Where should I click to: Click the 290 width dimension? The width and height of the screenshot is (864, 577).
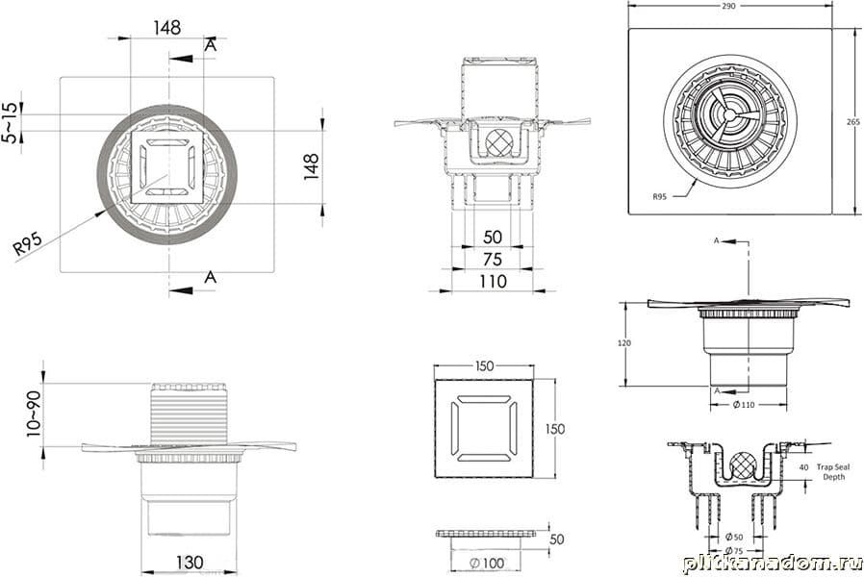(728, 6)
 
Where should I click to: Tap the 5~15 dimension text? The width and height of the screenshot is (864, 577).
(10, 123)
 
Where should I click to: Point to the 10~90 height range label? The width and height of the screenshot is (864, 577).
(34, 414)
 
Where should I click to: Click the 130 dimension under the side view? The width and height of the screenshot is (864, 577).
(189, 561)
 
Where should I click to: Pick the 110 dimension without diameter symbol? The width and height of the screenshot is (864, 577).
(493, 281)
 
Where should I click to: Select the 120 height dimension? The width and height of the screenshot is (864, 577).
(624, 343)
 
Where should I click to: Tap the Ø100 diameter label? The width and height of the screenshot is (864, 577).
(486, 562)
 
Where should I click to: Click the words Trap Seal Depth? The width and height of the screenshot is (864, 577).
(830, 471)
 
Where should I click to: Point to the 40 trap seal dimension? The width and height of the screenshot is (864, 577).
(803, 467)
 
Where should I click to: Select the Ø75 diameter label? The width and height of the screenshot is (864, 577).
(733, 550)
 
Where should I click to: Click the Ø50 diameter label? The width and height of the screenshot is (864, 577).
(733, 536)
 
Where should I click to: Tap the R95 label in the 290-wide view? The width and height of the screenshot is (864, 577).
(659, 196)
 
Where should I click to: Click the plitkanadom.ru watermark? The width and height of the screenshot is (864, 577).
(773, 563)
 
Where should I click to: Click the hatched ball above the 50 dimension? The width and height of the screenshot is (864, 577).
(498, 142)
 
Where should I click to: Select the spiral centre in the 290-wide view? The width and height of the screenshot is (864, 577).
(728, 114)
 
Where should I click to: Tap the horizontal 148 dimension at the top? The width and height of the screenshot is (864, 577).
(166, 28)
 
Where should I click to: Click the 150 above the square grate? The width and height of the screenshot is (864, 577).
(484, 365)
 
